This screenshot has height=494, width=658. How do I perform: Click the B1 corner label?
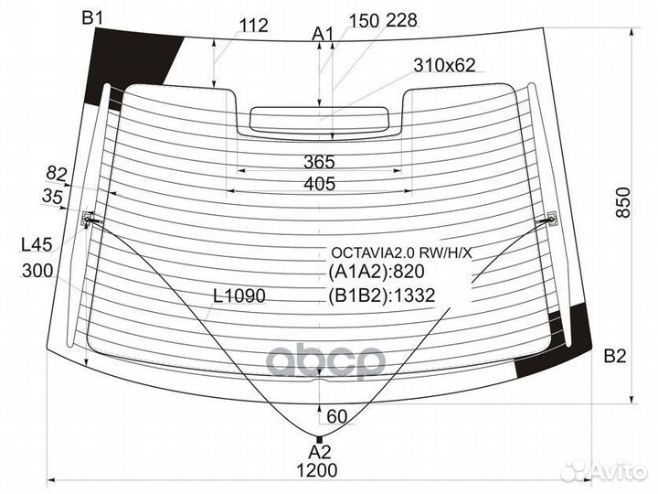92,18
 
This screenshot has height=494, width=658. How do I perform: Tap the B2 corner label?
615,356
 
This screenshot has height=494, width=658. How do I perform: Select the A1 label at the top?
323,34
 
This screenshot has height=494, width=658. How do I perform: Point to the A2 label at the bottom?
320,452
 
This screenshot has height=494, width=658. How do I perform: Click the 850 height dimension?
623,203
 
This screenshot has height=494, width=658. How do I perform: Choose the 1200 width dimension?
317,470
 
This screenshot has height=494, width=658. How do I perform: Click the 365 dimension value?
319,162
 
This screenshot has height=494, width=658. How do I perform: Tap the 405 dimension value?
320,184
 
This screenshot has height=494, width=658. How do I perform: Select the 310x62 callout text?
444,65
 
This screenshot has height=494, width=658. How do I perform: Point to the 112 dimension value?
253,26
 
